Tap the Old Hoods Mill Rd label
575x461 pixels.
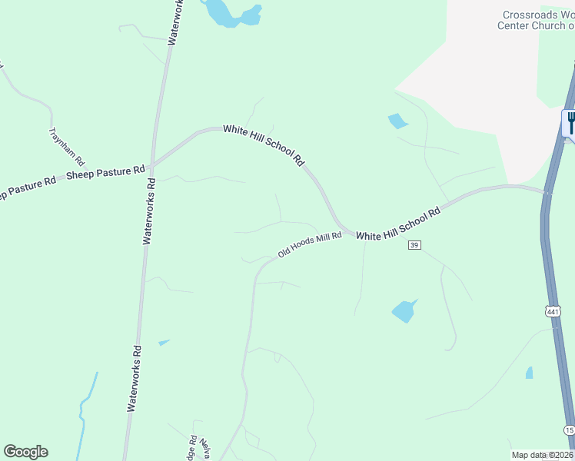(x=310, y=245)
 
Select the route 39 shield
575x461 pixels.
(x=414, y=245)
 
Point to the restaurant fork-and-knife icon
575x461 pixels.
(x=570, y=121)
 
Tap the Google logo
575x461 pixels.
(x=25, y=452)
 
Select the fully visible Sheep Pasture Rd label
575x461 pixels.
(x=105, y=171)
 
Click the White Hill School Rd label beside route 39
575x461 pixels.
(x=398, y=224)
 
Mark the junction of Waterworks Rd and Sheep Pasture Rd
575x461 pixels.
(x=152, y=164)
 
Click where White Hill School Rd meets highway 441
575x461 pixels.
(x=547, y=192)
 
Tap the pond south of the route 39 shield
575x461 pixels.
(x=404, y=310)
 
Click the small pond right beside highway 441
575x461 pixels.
(x=529, y=373)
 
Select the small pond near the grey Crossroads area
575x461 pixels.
(x=397, y=121)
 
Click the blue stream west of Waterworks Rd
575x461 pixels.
(x=85, y=407)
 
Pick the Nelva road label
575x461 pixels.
(x=205, y=447)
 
